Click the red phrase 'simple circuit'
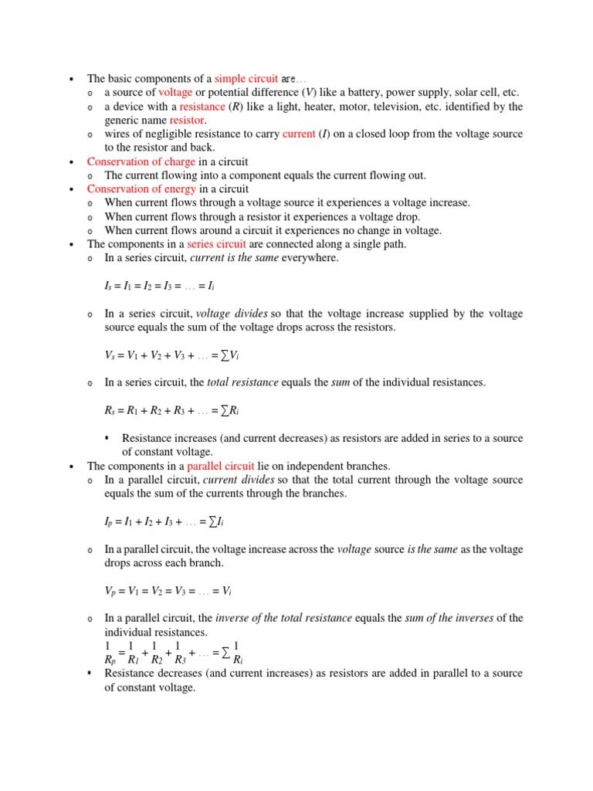pyautogui.click(x=246, y=79)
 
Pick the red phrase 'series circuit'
pyautogui.click(x=214, y=244)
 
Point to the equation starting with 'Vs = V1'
pyautogui.click(x=177, y=355)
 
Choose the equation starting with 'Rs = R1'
pyautogui.click(x=177, y=410)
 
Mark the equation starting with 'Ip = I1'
pyautogui.click(x=164, y=522)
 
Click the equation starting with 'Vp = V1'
pyautogui.click(x=168, y=591)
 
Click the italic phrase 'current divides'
pyautogui.click(x=239, y=480)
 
